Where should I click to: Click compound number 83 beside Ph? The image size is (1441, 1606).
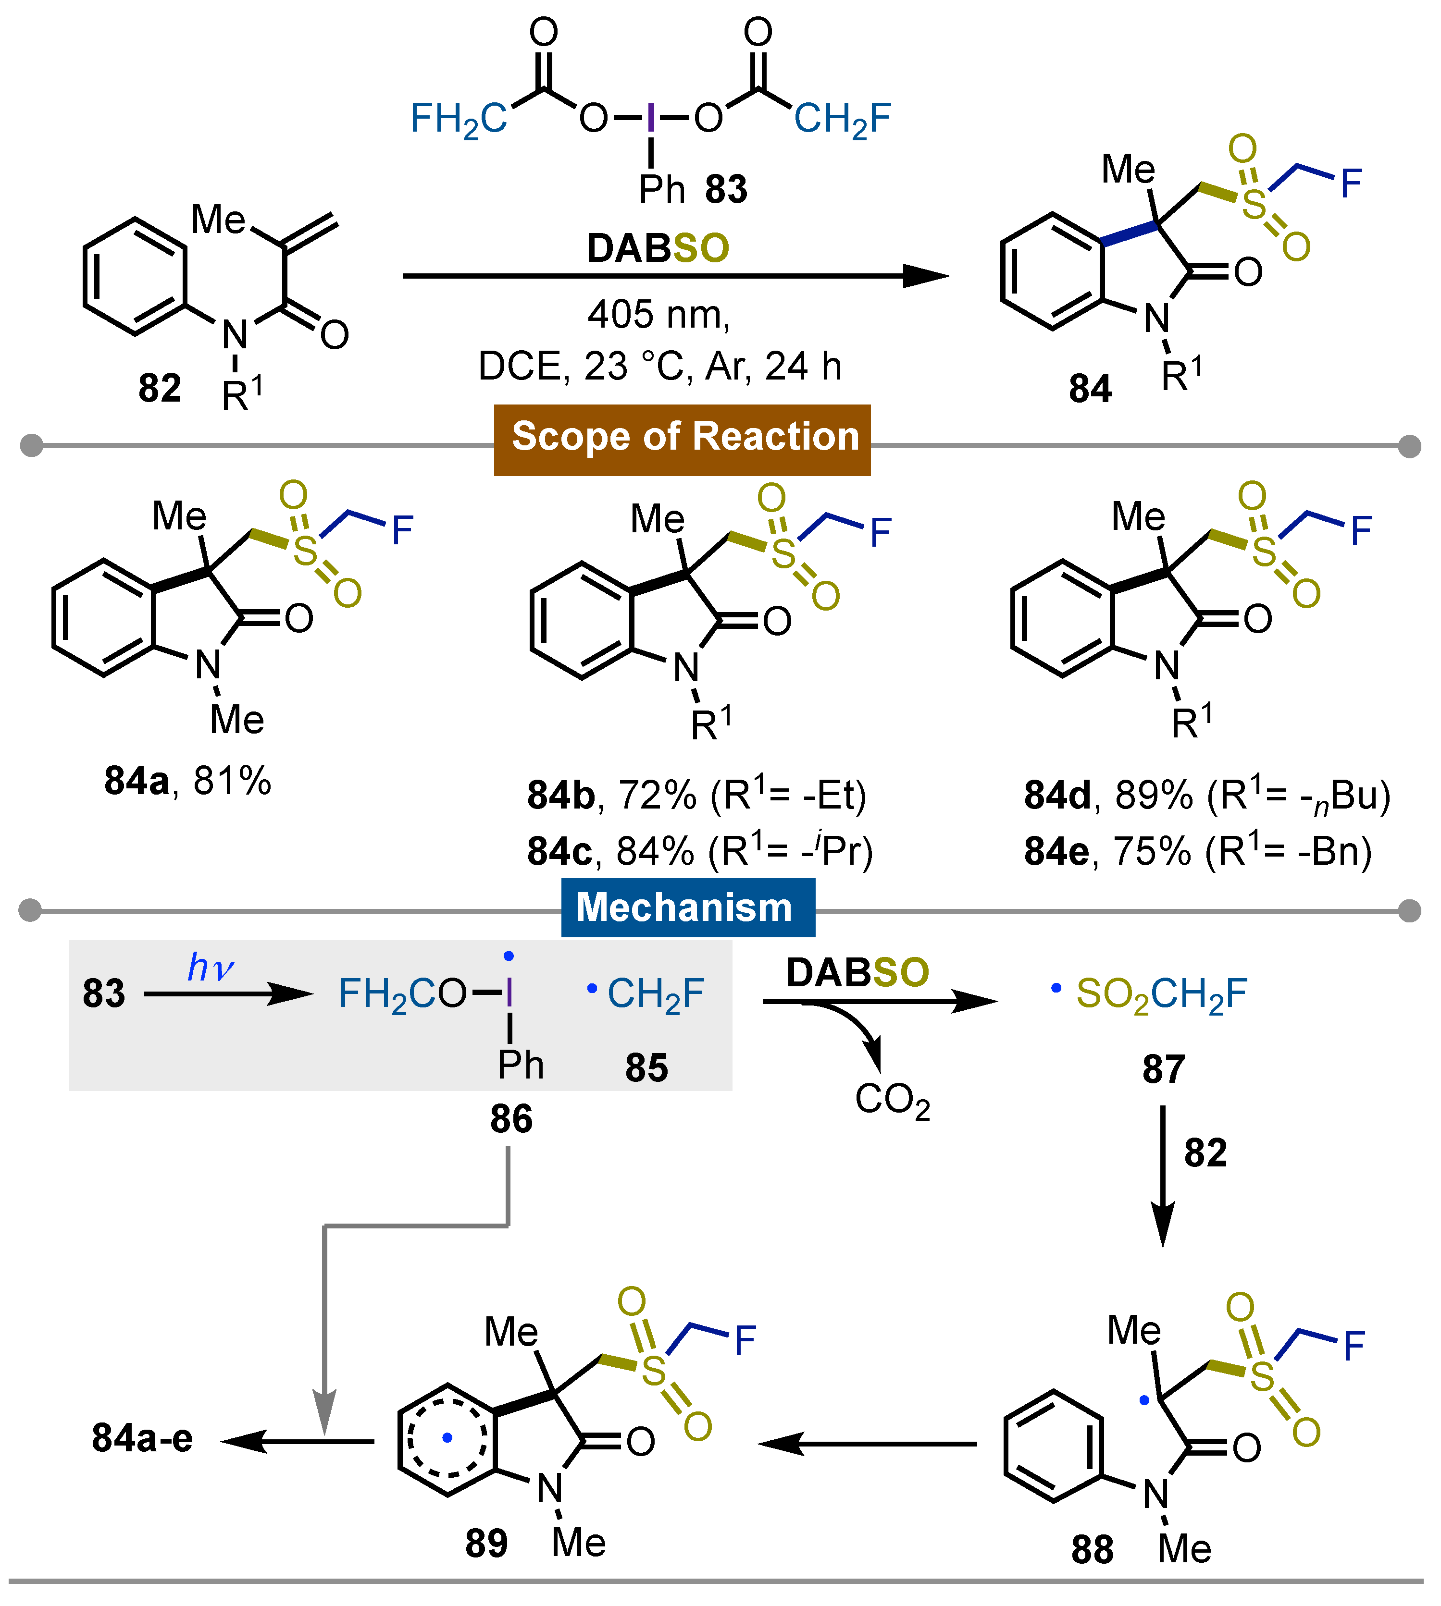[726, 190]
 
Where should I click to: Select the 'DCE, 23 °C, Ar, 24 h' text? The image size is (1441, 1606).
[659, 367]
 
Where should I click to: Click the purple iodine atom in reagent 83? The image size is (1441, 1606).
[651, 119]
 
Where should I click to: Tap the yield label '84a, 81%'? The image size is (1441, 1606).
[187, 781]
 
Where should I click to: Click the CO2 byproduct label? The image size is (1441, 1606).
[892, 1100]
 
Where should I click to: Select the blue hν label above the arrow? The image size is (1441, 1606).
[210, 967]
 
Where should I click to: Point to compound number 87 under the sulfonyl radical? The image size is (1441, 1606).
[1163, 1069]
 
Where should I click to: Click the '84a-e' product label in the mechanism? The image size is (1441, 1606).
[143, 1438]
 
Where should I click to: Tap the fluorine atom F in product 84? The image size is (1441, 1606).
[1351, 184]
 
